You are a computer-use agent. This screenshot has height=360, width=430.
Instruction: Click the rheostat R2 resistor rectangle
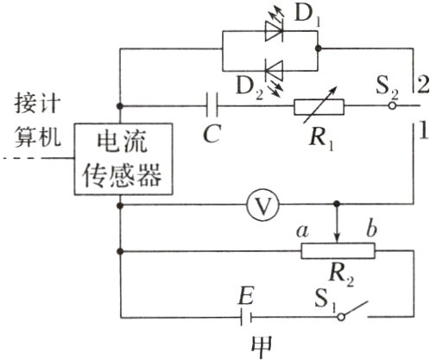point(338,251)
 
